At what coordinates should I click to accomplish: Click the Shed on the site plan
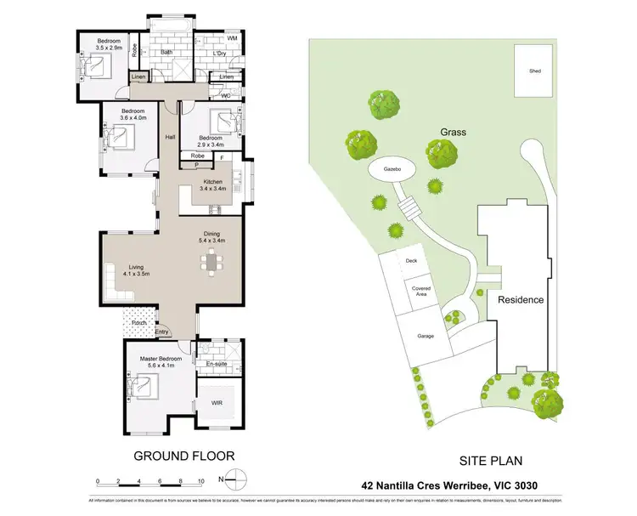534,72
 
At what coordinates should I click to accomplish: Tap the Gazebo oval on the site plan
390,170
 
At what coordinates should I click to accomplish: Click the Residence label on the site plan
520,300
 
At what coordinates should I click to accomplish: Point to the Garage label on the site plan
425,336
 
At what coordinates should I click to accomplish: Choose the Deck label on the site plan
412,261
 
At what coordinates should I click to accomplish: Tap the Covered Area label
420,291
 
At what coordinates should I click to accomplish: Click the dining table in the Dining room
211,264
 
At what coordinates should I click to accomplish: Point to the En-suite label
217,363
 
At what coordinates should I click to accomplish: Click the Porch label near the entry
139,323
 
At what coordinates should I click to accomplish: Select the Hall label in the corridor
170,137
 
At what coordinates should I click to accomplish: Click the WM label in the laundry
232,39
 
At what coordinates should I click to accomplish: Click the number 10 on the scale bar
200,482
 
